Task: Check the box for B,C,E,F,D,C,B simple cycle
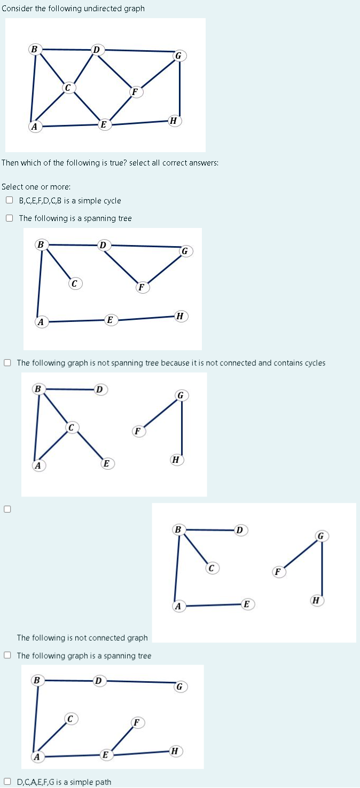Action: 9,201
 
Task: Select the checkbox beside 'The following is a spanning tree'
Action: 9,218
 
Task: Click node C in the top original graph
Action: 68,87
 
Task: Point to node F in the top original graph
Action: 136,92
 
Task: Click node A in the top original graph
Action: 35,127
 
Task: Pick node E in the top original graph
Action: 104,125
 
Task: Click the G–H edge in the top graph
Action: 179,88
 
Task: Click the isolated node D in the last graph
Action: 98,681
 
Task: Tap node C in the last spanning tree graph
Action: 70,719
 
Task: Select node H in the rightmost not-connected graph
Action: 317,601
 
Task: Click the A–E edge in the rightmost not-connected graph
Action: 211,605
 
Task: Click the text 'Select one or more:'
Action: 36,186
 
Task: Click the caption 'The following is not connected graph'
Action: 82,637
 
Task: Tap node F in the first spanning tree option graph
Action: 142,287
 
